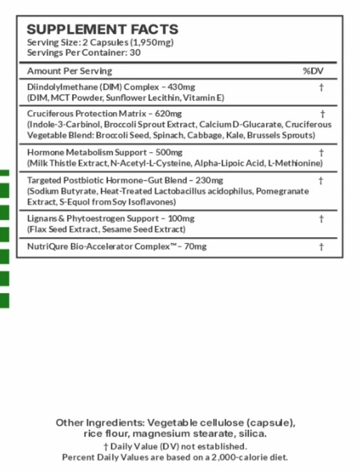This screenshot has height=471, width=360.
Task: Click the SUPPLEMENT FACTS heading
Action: click(x=102, y=29)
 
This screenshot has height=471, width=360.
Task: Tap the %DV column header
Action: click(x=313, y=71)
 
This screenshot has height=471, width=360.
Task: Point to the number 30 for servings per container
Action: click(x=135, y=53)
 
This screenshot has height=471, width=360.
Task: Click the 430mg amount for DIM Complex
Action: click(x=181, y=87)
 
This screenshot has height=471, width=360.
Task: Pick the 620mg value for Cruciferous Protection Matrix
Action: click(x=168, y=114)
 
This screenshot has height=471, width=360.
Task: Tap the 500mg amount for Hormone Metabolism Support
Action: click(x=169, y=152)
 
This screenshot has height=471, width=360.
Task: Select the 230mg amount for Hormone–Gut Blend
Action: click(x=209, y=180)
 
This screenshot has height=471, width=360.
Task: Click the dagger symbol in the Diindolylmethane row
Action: click(x=321, y=87)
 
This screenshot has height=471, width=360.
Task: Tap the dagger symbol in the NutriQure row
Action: click(x=321, y=247)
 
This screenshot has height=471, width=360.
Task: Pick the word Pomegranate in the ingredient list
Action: click(x=282, y=191)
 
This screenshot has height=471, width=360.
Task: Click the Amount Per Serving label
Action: click(x=70, y=71)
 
